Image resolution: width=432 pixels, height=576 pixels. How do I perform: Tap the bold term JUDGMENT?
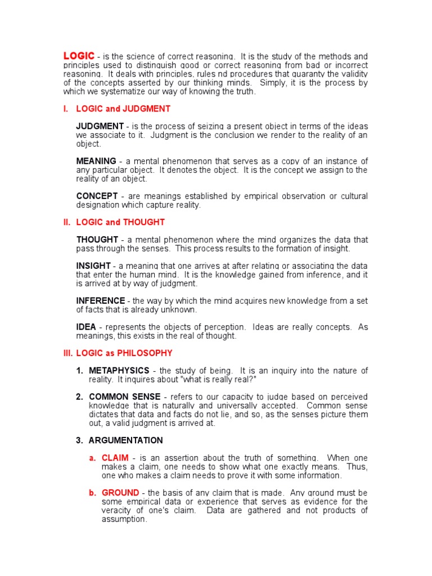[100, 126]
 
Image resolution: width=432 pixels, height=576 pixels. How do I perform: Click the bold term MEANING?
[96, 161]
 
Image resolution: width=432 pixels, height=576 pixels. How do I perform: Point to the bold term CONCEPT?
[97, 196]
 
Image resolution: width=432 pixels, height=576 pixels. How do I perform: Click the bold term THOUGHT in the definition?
[97, 240]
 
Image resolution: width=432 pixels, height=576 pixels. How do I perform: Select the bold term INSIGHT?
[93, 265]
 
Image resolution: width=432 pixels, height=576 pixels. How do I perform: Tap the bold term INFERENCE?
[101, 301]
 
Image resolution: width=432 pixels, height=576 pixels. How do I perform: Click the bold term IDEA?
[87, 327]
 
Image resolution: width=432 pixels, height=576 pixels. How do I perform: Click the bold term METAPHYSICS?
[119, 371]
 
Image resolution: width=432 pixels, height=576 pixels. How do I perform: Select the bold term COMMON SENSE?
[125, 397]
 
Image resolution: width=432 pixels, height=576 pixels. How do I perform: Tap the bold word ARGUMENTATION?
[126, 440]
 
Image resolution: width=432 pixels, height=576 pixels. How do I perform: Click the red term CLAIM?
[115, 458]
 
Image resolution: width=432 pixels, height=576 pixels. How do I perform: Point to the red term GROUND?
[120, 493]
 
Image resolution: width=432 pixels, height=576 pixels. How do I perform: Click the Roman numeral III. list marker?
[68, 353]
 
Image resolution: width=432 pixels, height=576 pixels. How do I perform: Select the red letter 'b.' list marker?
[93, 493]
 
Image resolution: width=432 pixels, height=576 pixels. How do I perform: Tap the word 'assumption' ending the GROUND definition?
[124, 519]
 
